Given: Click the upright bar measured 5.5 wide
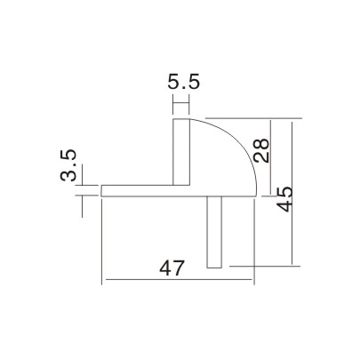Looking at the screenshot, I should tap(181, 151).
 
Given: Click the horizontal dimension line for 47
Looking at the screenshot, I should tap(178, 283).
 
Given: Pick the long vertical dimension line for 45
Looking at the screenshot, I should tap(294, 191).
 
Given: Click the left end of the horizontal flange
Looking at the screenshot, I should tap(103, 190).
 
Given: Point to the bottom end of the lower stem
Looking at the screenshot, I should tap(212, 266).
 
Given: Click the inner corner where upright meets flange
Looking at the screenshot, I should tap(173, 185).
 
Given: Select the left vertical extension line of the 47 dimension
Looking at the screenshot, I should tap(103, 240).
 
